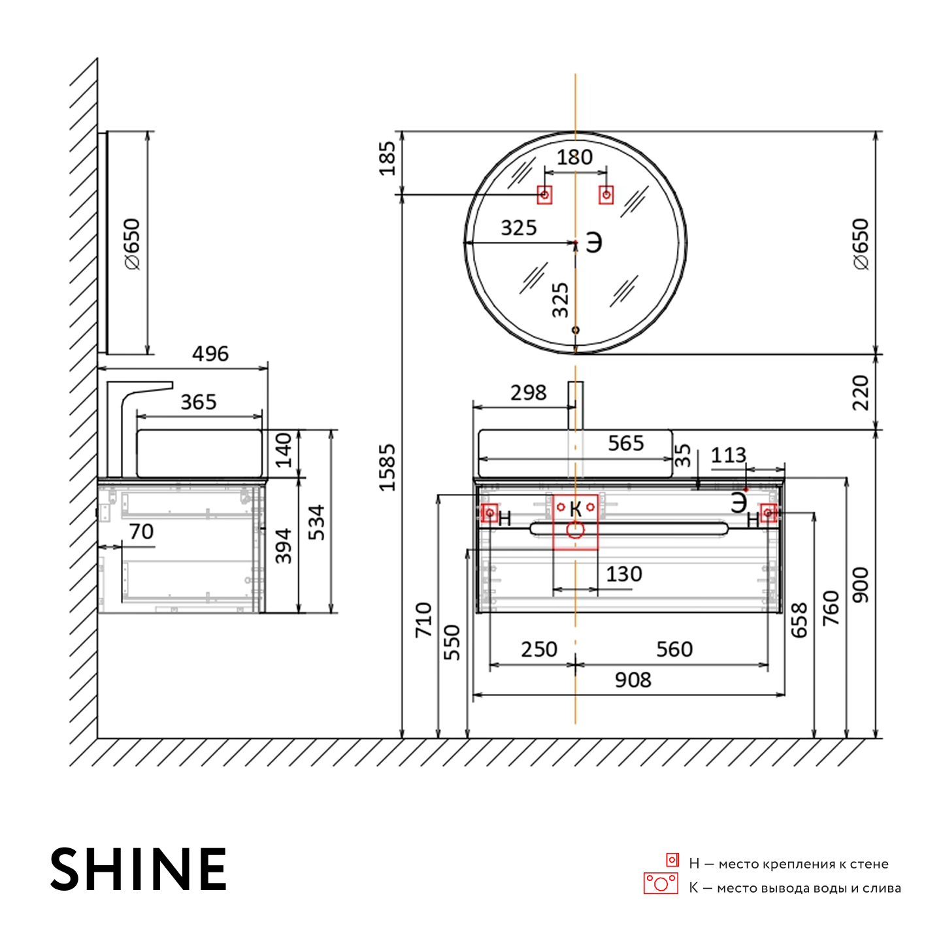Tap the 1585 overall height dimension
pos(388,467)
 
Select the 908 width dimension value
pos(633,680)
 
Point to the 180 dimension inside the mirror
pos(575,157)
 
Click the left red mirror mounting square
pos(544,195)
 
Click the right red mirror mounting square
pos(606,195)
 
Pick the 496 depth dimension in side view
pos(210,354)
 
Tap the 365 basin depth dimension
pos(198,402)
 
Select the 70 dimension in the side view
pos(142,531)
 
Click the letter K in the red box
pos(576,509)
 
